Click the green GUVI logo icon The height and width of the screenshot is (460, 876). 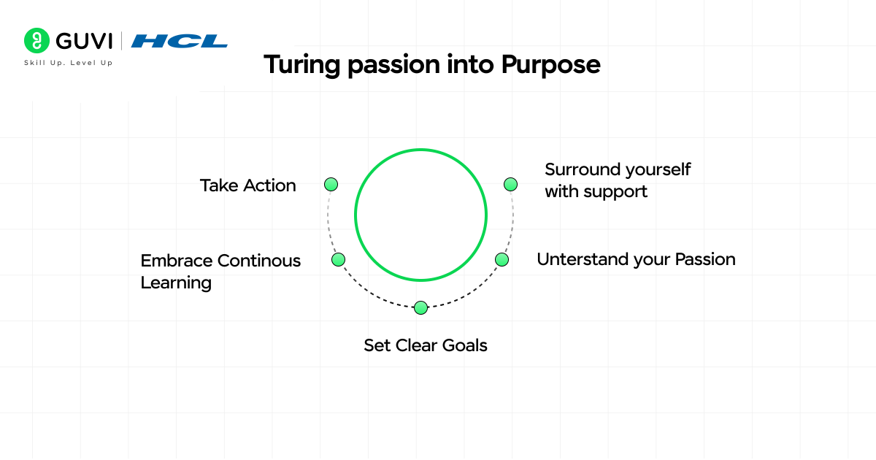36,40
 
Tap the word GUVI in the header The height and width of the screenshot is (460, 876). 84,41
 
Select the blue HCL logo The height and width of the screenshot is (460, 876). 180,41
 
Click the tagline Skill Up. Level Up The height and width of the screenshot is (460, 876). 69,63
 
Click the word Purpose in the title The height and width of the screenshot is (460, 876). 550,65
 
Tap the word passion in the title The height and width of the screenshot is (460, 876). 393,65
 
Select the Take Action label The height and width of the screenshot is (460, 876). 248,185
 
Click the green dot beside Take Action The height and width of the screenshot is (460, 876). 331,184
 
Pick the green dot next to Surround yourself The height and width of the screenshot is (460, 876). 510,184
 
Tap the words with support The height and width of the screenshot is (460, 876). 596,192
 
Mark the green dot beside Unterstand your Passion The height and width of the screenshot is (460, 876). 502,259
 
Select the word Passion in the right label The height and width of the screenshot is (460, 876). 705,259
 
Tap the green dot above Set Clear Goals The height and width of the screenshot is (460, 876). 420,308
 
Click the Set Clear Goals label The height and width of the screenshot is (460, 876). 426,345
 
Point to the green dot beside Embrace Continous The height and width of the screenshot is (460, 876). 338,259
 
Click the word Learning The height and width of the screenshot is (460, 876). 176,283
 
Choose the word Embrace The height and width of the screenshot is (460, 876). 177,261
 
